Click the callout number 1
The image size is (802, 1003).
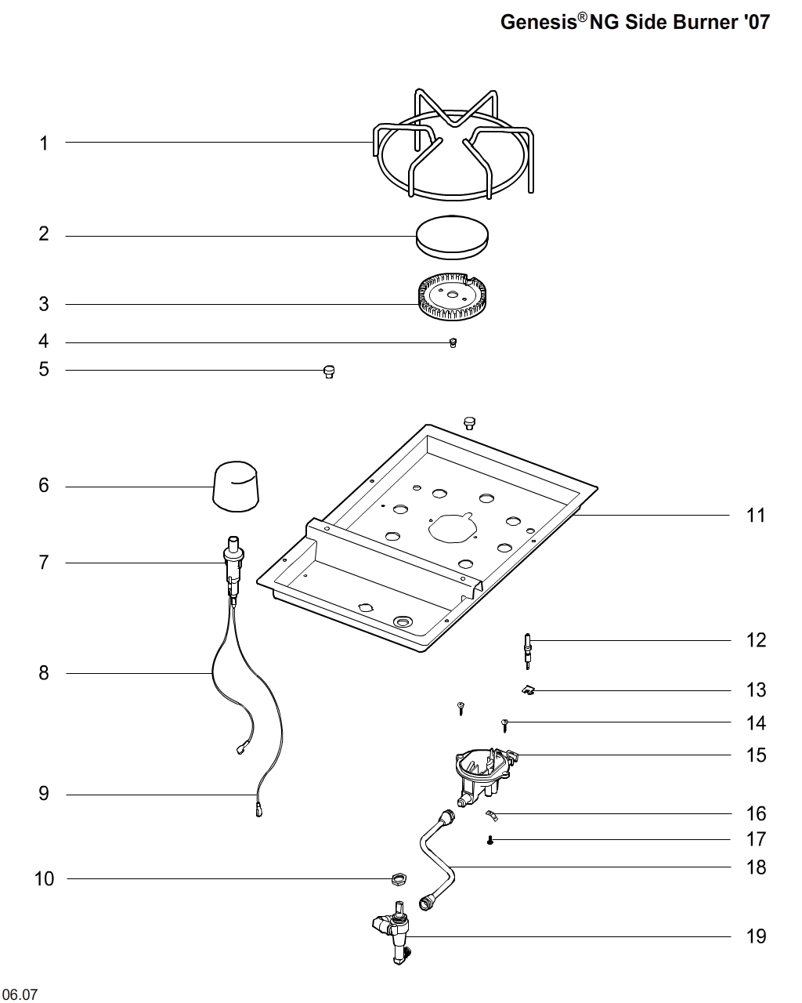coord(44,143)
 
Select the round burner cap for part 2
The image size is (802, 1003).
coord(452,235)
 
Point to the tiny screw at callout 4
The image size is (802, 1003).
coord(453,342)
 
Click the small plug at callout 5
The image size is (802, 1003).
coord(329,371)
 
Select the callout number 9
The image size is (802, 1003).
coord(44,794)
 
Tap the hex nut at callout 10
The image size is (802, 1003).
coord(398,878)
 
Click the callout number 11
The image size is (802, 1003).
coord(756,516)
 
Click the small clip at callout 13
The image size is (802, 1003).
coord(527,690)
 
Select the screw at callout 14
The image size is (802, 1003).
coord(506,724)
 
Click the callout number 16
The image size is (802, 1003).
coord(756,814)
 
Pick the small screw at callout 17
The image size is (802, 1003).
coord(490,841)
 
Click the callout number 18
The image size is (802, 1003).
coord(756,867)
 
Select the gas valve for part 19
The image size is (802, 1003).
coord(396,934)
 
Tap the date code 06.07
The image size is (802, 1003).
coord(20,995)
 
